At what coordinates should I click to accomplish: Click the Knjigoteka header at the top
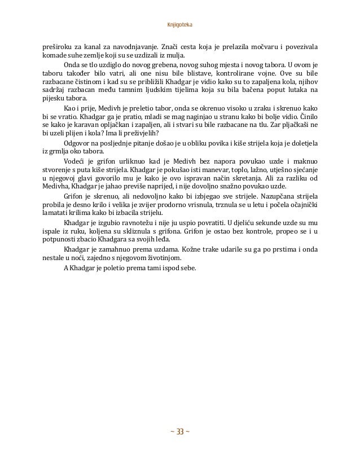click(x=179, y=25)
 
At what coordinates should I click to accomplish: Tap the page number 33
click(x=179, y=432)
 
